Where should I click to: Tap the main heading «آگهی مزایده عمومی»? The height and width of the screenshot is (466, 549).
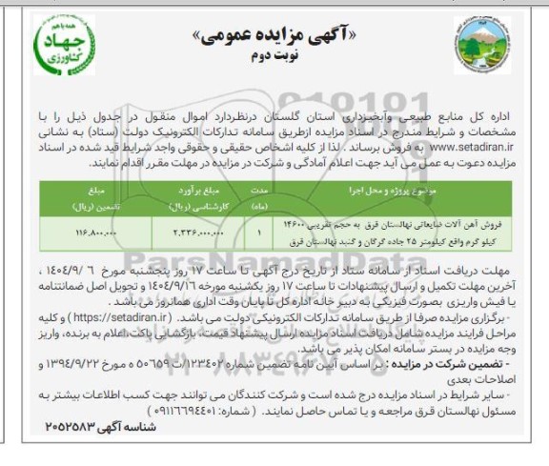[x=275, y=35]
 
